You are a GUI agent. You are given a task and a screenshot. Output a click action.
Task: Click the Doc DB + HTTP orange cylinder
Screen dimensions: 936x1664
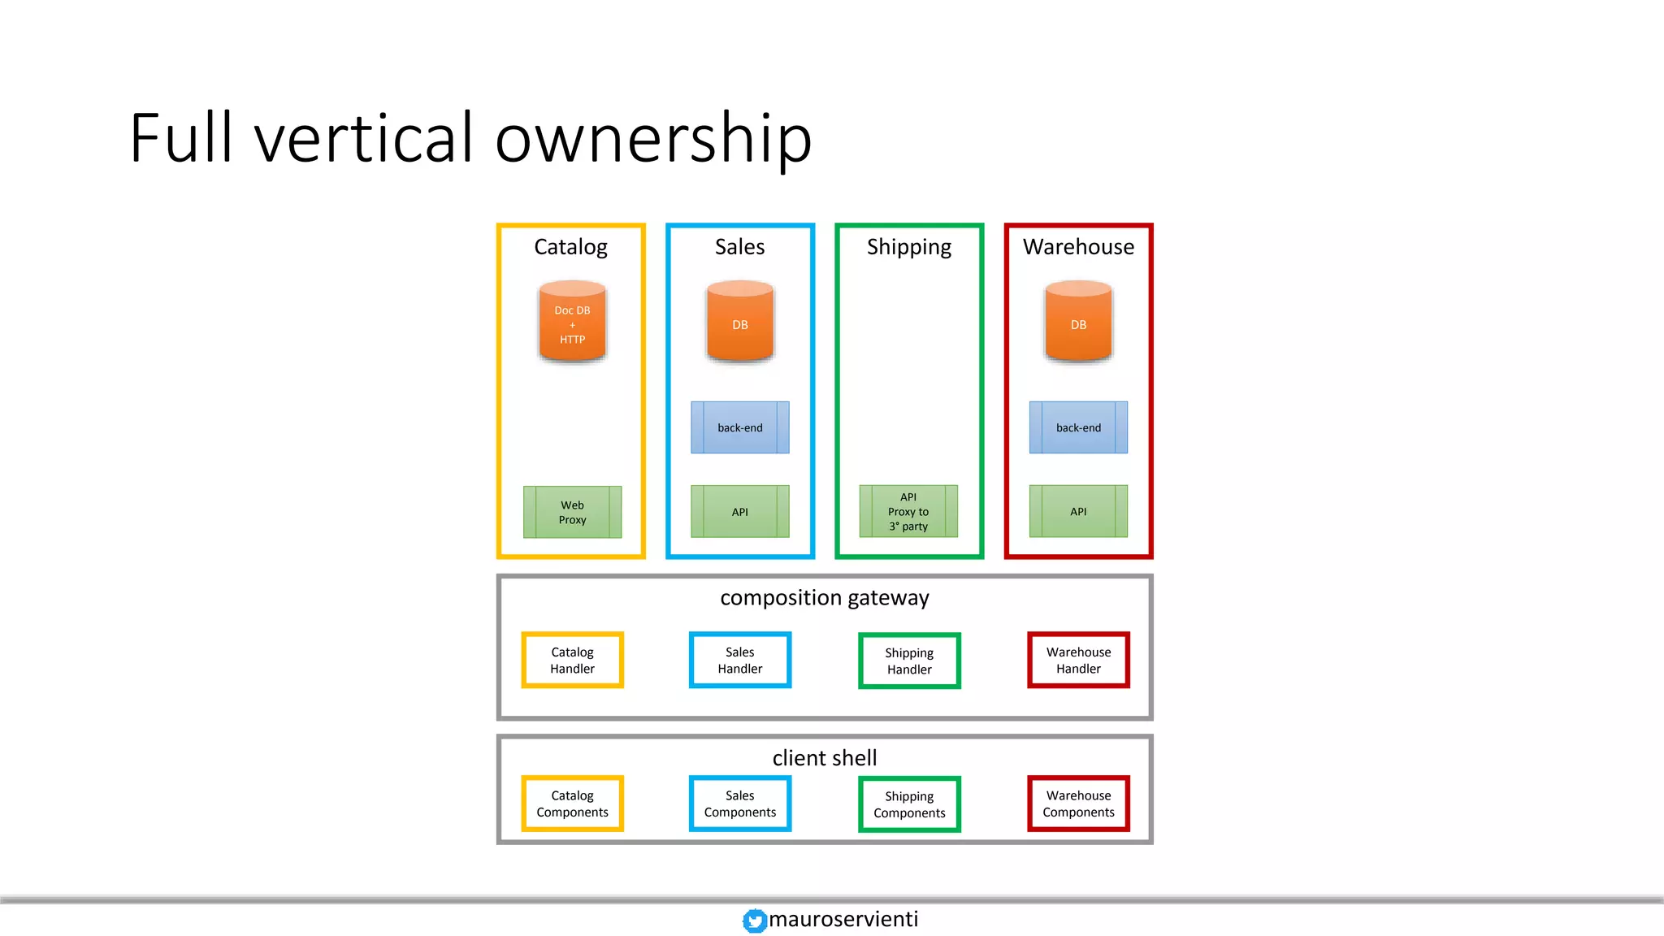pyautogui.click(x=572, y=323)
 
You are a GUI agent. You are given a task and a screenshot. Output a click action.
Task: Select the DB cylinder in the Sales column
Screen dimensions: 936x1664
pyautogui.click(x=739, y=323)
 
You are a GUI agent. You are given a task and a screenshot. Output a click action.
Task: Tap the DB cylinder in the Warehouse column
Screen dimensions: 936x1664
pyautogui.click(x=1078, y=323)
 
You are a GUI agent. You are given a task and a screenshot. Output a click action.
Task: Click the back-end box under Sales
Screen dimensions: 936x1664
pyautogui.click(x=739, y=427)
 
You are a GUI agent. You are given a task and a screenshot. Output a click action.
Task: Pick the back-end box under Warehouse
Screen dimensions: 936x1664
pyautogui.click(x=1078, y=427)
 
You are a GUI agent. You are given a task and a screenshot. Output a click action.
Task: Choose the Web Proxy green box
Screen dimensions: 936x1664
pyautogui.click(x=572, y=512)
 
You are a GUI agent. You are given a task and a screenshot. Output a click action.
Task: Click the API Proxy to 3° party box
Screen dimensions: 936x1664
pyautogui.click(x=908, y=512)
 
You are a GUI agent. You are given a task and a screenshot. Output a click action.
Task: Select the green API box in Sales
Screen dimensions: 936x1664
pyautogui.click(x=739, y=512)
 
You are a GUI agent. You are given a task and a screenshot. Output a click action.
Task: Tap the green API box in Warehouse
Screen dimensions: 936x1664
pyautogui.click(x=1078, y=512)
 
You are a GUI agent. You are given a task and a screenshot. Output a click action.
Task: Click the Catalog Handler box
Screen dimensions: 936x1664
pyautogui.click(x=572, y=660)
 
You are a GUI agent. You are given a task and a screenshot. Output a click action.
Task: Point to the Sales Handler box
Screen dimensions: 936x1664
pyautogui.click(x=739, y=660)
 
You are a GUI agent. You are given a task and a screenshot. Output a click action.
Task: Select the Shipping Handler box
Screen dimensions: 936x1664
pyautogui.click(x=909, y=661)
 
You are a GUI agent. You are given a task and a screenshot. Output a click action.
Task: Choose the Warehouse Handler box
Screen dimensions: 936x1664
pyautogui.click(x=1078, y=660)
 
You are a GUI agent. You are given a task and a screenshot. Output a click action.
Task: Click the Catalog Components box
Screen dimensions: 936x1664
pyautogui.click(x=572, y=804)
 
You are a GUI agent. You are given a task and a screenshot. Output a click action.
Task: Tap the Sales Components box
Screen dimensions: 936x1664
pyautogui.click(x=739, y=804)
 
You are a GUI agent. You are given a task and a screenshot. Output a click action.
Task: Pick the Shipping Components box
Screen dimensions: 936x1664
pyautogui.click(x=909, y=804)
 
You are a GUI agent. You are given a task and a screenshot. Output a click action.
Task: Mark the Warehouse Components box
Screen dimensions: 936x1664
pyautogui.click(x=1078, y=804)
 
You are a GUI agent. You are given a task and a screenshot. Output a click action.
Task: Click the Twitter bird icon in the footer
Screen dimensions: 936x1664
pyautogui.click(x=755, y=921)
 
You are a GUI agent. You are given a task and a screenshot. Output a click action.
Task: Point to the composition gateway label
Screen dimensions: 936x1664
pyautogui.click(x=824, y=598)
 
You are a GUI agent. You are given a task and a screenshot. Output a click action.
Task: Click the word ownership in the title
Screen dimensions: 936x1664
pyautogui.click(x=653, y=138)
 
